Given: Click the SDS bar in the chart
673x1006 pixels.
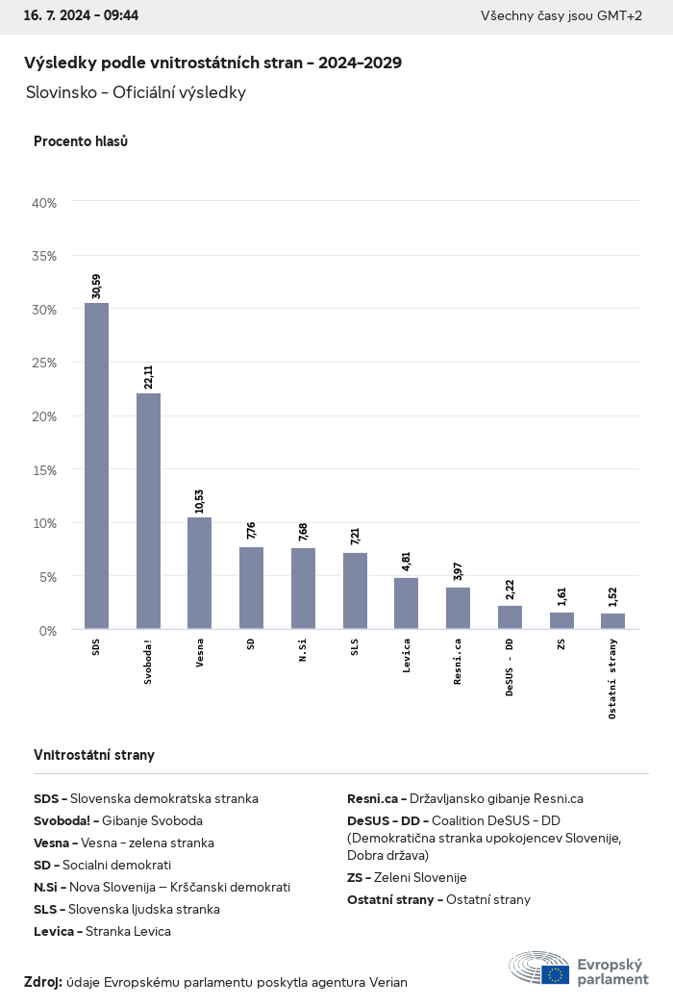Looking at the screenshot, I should click(x=96, y=466).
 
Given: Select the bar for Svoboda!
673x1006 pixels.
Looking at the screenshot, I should click(x=148, y=511).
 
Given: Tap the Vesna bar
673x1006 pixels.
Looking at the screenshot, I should click(x=200, y=573).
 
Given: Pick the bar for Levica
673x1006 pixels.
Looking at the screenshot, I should click(x=406, y=603).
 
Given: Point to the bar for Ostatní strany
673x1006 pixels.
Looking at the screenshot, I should click(x=612, y=621).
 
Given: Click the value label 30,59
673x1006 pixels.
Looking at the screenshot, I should click(x=96, y=286).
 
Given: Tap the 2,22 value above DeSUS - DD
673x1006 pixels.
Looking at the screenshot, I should click(x=510, y=591).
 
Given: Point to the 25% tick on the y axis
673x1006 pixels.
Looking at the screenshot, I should click(x=45, y=364).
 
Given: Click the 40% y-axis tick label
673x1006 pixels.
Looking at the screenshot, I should click(x=45, y=203).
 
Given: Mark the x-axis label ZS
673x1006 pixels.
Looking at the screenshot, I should click(x=561, y=644).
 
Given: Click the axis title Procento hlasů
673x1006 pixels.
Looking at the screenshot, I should click(x=81, y=141).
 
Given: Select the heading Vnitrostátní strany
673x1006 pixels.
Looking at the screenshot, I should click(x=94, y=755).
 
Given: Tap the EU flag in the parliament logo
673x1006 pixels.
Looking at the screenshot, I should click(x=555, y=974).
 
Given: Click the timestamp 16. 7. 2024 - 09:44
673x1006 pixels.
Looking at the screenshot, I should click(x=81, y=15).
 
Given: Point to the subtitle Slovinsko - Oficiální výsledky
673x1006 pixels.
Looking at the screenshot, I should click(x=137, y=92).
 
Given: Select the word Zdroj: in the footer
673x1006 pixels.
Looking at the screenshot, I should click(x=43, y=982).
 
